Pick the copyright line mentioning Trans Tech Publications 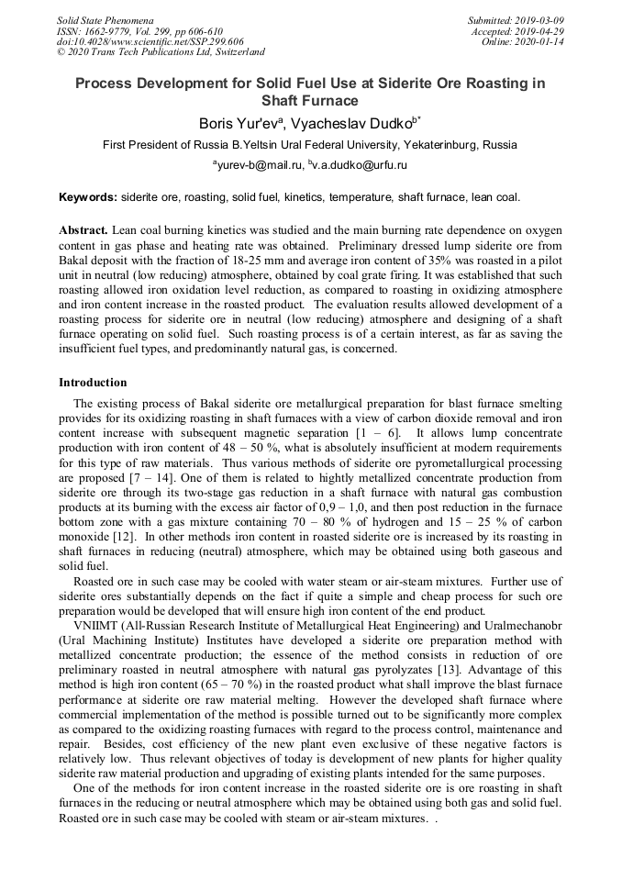click(x=161, y=52)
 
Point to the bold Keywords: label click(x=88, y=197)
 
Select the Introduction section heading click(x=93, y=383)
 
